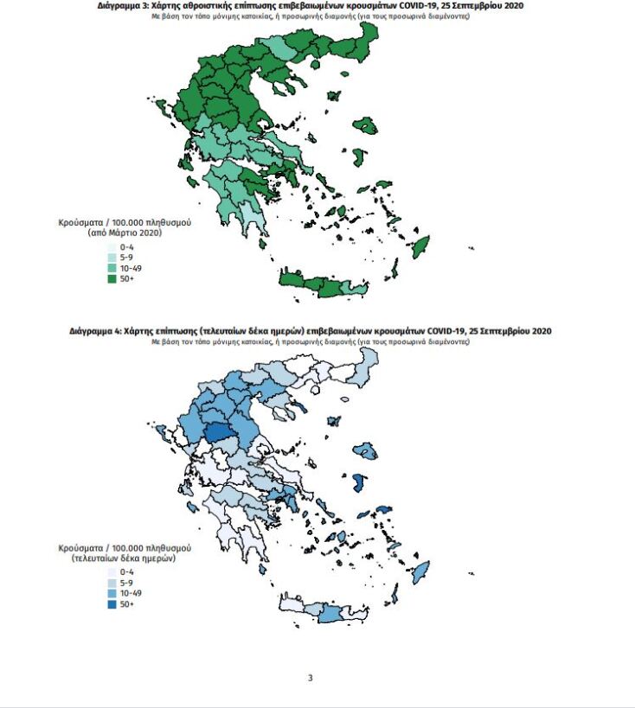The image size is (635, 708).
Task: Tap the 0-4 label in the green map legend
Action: point(126,247)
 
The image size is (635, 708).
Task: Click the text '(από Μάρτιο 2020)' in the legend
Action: point(125,233)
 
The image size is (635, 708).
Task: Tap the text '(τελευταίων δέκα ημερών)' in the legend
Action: point(125,558)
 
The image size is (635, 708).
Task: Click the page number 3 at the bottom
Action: point(310,677)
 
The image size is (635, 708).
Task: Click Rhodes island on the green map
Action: point(423,247)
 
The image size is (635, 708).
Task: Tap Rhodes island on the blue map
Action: point(421,571)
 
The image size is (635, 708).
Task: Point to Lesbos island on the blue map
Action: point(366,450)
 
